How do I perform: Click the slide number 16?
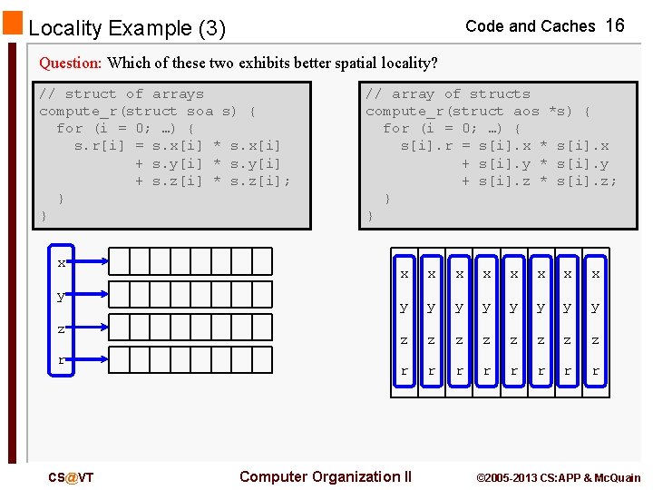click(615, 25)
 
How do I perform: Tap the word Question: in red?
click(71, 63)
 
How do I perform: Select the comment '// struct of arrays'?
click(122, 93)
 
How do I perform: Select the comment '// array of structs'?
click(447, 93)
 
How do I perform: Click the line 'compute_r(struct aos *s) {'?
click(478, 111)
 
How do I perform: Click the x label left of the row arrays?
click(62, 263)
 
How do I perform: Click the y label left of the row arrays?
click(62, 296)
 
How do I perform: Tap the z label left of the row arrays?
click(62, 328)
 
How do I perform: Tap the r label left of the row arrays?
click(62, 360)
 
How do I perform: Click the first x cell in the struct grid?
click(404, 273)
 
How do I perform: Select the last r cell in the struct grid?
click(595, 371)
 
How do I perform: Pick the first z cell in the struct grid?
click(404, 339)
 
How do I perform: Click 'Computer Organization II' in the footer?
click(325, 476)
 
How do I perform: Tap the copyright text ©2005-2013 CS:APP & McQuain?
click(558, 477)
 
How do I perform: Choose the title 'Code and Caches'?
click(530, 26)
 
